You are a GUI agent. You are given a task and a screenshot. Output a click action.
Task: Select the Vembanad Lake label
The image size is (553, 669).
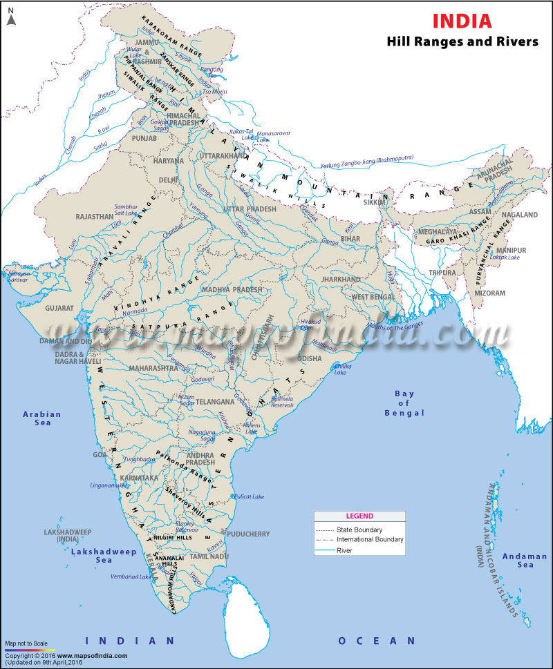131,575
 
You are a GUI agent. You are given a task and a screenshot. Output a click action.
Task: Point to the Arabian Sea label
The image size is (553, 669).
42,418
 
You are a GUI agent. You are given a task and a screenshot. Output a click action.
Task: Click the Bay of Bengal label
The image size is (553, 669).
404,403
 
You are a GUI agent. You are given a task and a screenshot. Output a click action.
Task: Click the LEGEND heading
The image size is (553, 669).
359,516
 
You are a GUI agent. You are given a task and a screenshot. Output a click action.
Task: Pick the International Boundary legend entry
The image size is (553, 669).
370,539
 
